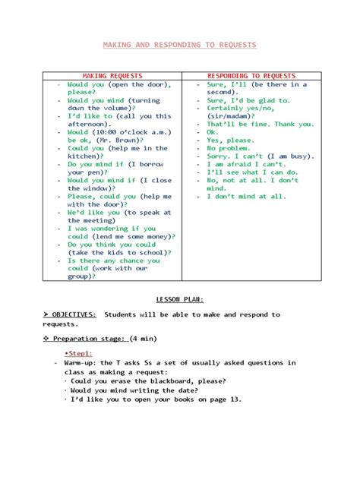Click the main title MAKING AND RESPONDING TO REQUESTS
(180, 45)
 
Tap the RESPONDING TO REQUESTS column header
(251, 76)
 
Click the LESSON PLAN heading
(179, 299)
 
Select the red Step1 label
(78, 353)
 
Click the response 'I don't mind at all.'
(247, 196)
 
